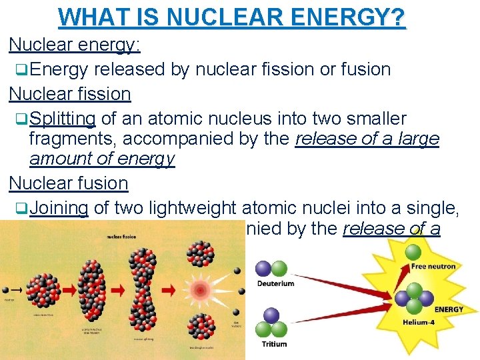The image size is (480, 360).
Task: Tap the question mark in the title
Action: pyautogui.click(x=397, y=17)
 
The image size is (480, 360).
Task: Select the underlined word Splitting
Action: pyautogui.click(x=63, y=119)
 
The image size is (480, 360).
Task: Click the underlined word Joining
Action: pyautogui.click(x=59, y=209)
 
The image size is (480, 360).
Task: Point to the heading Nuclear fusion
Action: pyautogui.click(x=68, y=183)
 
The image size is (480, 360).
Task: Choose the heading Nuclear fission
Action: pyautogui.click(x=69, y=94)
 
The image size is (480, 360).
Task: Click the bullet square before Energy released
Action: pyautogui.click(x=22, y=69)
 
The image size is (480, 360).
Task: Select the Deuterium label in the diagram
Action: pyautogui.click(x=275, y=283)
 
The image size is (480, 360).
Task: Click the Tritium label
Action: pyautogui.click(x=273, y=344)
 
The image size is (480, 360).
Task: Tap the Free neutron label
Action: pyautogui.click(x=433, y=267)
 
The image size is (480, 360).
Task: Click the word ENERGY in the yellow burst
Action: pyautogui.click(x=449, y=309)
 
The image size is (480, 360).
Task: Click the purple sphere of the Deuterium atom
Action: pyautogui.click(x=263, y=269)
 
